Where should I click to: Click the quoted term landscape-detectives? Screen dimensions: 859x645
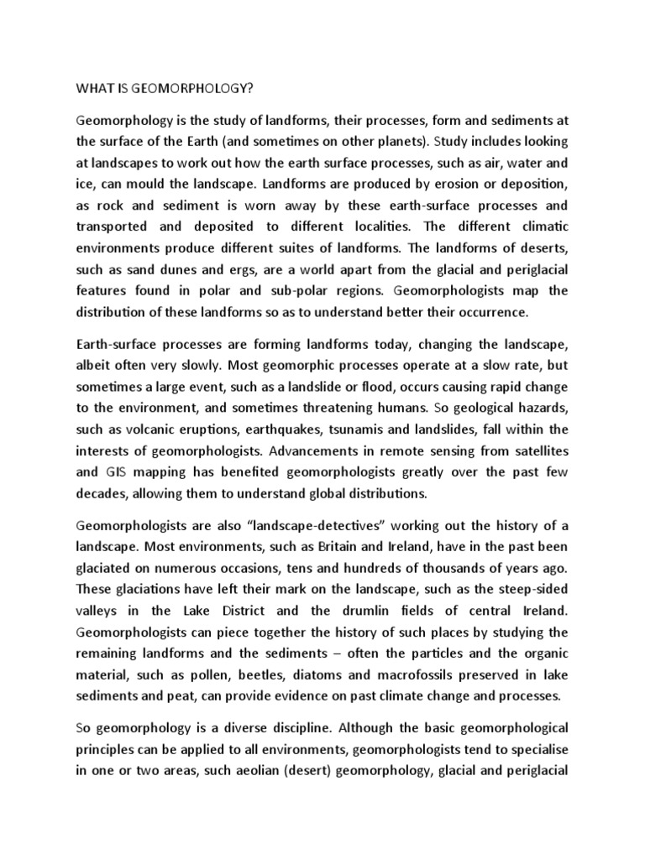tap(310, 525)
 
